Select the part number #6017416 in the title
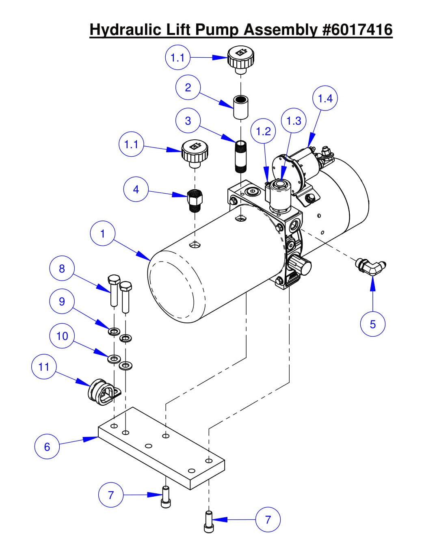(357, 30)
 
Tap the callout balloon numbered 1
(102, 234)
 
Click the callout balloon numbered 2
(188, 87)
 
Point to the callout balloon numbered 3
(188, 121)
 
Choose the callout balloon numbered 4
(136, 189)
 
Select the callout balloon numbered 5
(372, 324)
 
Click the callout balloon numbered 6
(47, 447)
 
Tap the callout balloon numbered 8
(62, 269)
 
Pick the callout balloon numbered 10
(62, 336)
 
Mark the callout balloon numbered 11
(43, 367)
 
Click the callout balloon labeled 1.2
(263, 131)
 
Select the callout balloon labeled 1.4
(325, 98)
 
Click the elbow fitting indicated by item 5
(371, 266)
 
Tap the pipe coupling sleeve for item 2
(241, 107)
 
